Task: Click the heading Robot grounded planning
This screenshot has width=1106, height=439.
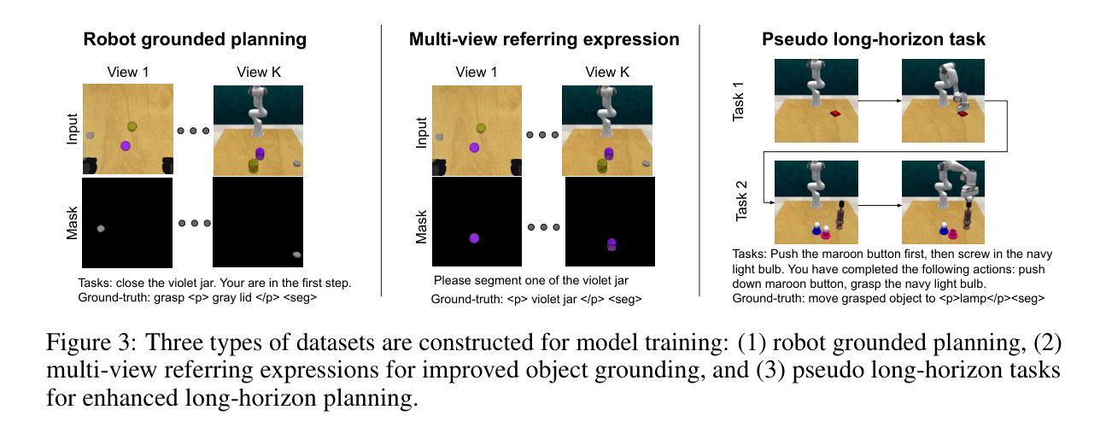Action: (195, 39)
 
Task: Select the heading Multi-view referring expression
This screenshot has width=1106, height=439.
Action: (544, 39)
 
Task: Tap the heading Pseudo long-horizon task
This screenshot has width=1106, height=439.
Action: (874, 39)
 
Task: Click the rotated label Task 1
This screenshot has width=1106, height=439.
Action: (738, 102)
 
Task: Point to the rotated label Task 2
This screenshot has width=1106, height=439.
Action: (741, 201)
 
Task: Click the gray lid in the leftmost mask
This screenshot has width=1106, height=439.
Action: (101, 229)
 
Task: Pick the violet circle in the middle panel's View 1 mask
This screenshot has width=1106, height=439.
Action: (474, 238)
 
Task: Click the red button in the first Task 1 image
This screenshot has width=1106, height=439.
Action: (835, 114)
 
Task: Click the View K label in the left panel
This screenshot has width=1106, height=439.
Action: (259, 72)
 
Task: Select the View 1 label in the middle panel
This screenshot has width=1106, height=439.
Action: (476, 72)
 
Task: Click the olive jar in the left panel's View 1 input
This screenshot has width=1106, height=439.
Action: (132, 127)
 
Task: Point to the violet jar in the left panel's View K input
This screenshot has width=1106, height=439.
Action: (260, 154)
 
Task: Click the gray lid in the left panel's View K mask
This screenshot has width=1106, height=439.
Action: (296, 255)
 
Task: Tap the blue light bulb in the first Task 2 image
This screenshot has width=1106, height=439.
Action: (816, 229)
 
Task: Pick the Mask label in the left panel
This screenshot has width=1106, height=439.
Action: (72, 223)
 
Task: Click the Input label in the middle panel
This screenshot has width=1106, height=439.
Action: (421, 132)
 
